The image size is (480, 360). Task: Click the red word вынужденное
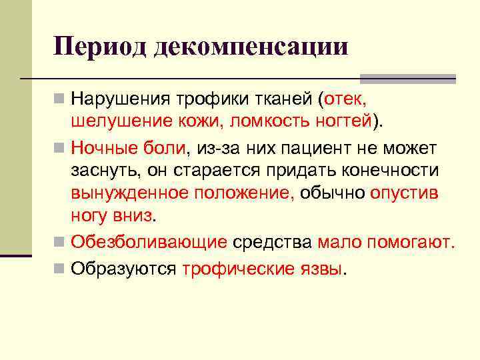(130, 193)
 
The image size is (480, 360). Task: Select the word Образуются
(123, 269)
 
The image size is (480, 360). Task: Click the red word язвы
(323, 269)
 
